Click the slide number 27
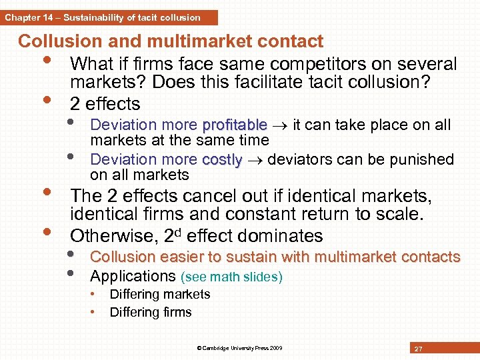click(x=418, y=349)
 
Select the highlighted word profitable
click(x=234, y=125)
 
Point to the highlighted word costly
click(x=222, y=159)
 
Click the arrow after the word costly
click(x=254, y=160)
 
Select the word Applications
click(x=132, y=276)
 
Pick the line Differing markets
click(x=159, y=294)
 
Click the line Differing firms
click(x=150, y=312)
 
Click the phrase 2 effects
click(x=105, y=104)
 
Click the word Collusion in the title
click(x=59, y=41)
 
